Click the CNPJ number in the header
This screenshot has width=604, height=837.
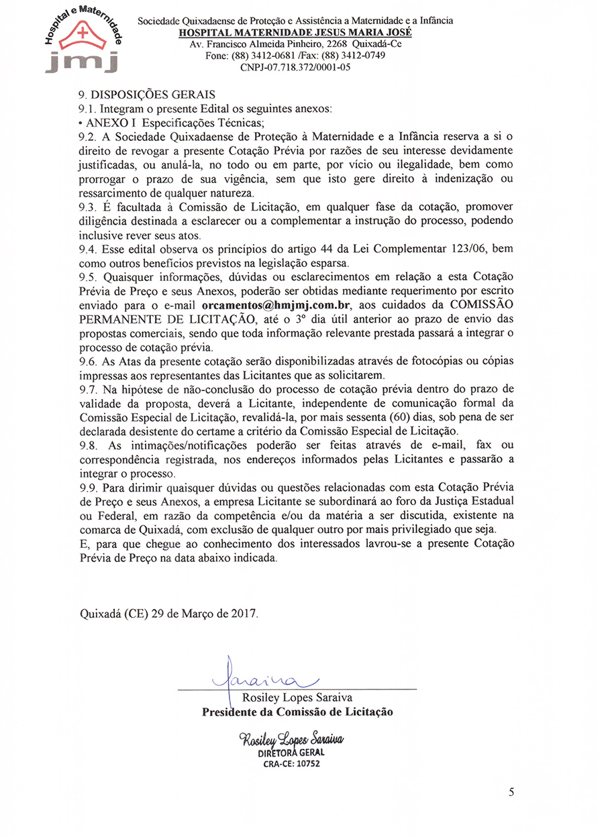coord(295,67)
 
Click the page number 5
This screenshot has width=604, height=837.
coord(512,792)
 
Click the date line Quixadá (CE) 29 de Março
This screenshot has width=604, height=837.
coord(168,613)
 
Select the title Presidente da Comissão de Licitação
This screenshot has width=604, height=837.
coord(297,712)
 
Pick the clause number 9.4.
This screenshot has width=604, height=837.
coord(89,249)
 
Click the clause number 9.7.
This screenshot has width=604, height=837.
coord(89,389)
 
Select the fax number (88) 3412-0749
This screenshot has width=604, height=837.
coord(356,56)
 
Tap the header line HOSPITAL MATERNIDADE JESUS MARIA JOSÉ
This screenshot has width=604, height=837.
coord(296,32)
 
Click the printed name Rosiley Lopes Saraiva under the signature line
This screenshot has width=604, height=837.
coord(297,698)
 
